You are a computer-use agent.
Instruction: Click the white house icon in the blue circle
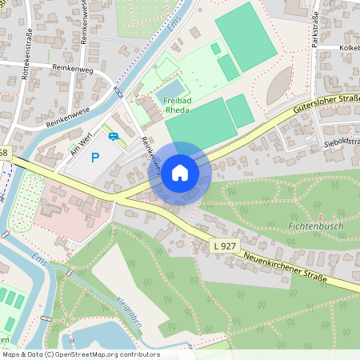coord(180,173)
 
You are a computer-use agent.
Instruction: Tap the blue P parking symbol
coord(96,158)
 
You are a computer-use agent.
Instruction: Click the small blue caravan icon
coord(114,136)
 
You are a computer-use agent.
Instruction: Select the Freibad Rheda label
coord(177,106)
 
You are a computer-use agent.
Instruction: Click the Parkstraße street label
coord(316,29)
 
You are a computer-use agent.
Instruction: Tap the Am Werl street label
coord(82,146)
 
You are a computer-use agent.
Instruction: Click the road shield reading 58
coord(4,152)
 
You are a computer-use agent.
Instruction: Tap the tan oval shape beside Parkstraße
coord(279,84)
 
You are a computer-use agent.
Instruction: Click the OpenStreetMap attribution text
coord(80,354)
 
